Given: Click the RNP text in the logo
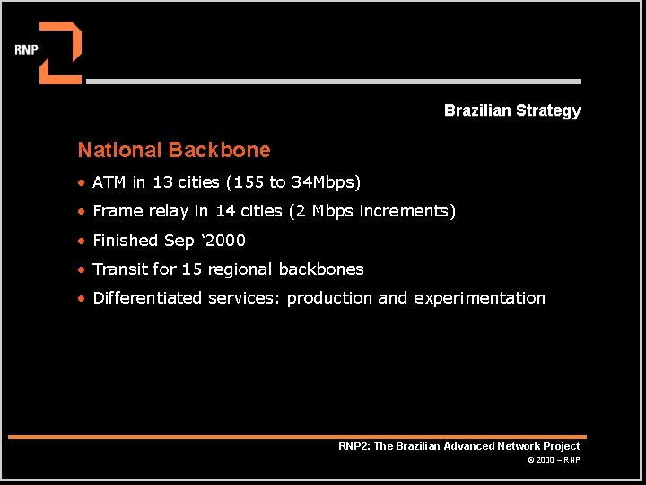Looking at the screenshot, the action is (x=26, y=50).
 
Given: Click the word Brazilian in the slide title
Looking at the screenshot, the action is (x=477, y=110).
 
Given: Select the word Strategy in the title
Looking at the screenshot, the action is (x=548, y=111).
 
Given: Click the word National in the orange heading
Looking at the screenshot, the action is (x=119, y=150).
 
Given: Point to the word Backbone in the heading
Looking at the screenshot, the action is (x=220, y=150).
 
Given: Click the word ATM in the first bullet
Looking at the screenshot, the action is (x=109, y=181).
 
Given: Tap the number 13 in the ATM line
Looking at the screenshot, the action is (x=162, y=181).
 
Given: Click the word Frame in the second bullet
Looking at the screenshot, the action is (x=118, y=211).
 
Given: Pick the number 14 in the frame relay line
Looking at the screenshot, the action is (x=225, y=211).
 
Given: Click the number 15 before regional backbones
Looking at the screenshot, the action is (x=192, y=269).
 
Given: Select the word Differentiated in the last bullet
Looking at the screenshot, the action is (x=147, y=298).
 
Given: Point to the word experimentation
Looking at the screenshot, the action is (x=479, y=298).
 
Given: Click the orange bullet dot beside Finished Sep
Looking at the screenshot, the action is (x=81, y=241).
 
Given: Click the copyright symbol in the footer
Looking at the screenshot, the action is (x=531, y=460).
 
